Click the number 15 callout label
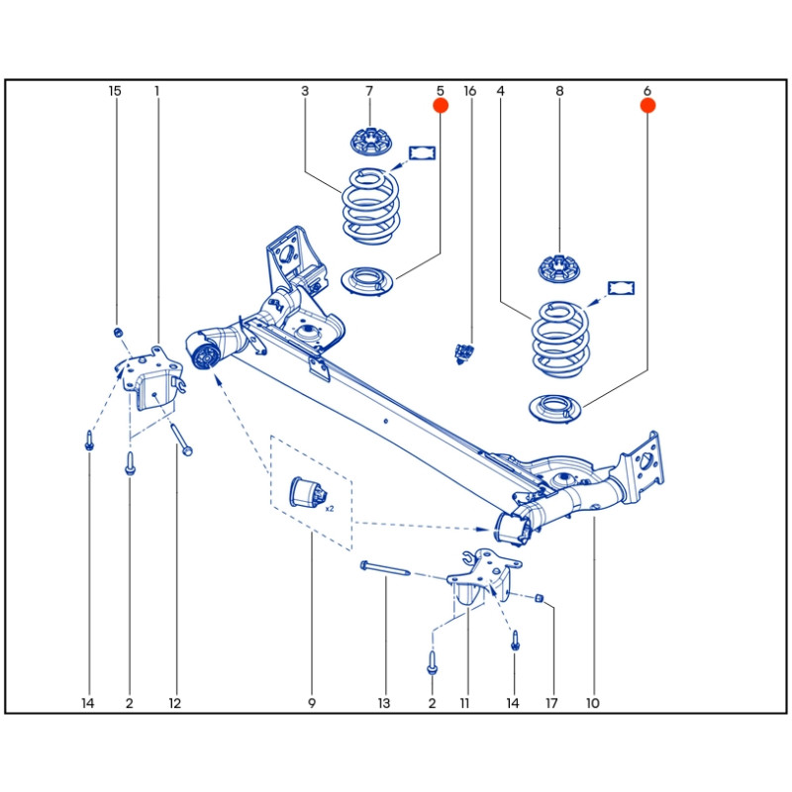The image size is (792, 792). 115,91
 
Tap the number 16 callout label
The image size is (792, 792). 470,91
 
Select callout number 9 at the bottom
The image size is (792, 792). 311,704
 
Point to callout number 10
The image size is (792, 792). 593,704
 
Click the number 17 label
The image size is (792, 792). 551,704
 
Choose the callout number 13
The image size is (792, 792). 384,704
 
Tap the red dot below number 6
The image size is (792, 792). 647,104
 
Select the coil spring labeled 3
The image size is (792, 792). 370,206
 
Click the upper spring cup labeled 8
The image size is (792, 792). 559,266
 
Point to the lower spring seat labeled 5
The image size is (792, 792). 368,281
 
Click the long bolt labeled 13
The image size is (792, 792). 385,571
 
